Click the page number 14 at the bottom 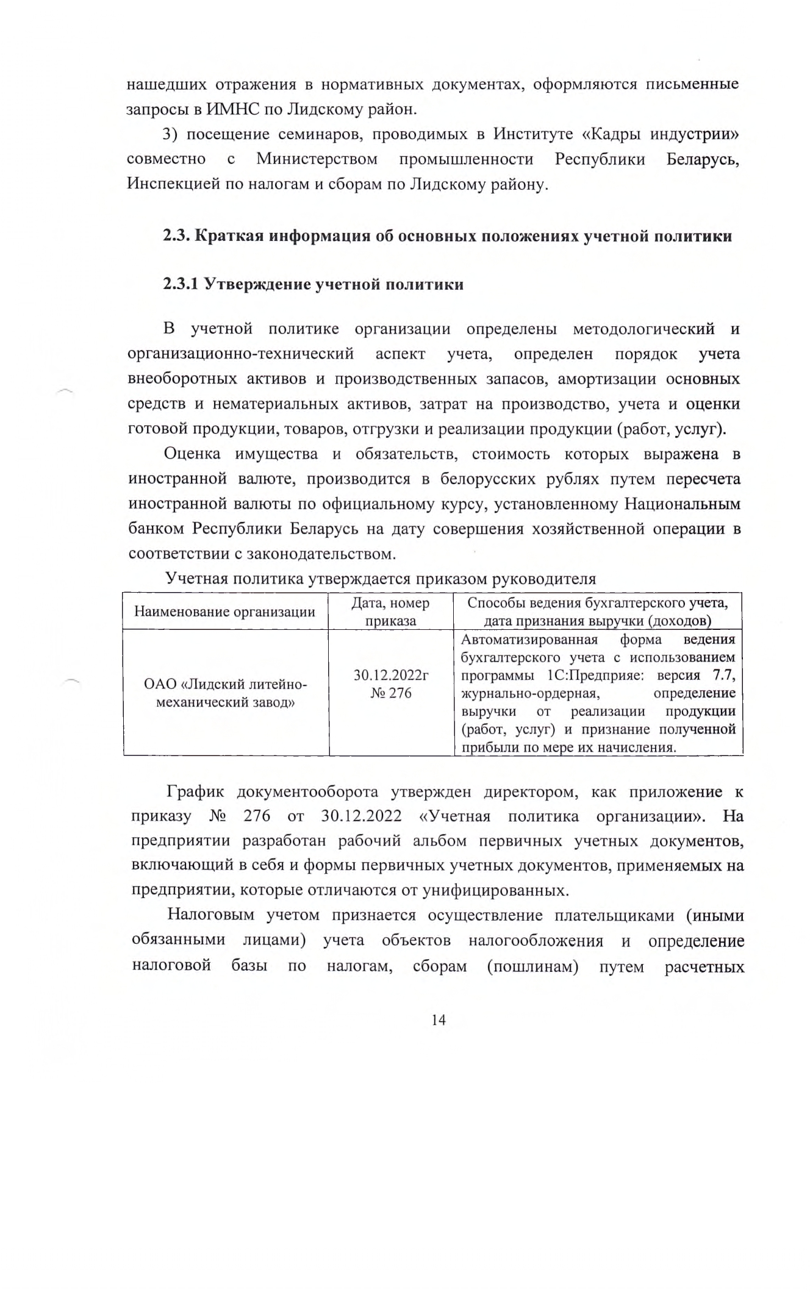[438, 1020]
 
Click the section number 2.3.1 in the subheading [181, 284]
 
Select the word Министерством [317, 159]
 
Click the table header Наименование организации [224, 612]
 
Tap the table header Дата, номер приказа [390, 612]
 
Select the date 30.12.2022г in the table [391, 676]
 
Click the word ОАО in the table [160, 684]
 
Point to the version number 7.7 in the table [723, 676]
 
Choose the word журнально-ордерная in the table [530, 693]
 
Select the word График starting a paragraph [195, 792]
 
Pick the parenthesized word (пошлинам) [532, 966]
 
